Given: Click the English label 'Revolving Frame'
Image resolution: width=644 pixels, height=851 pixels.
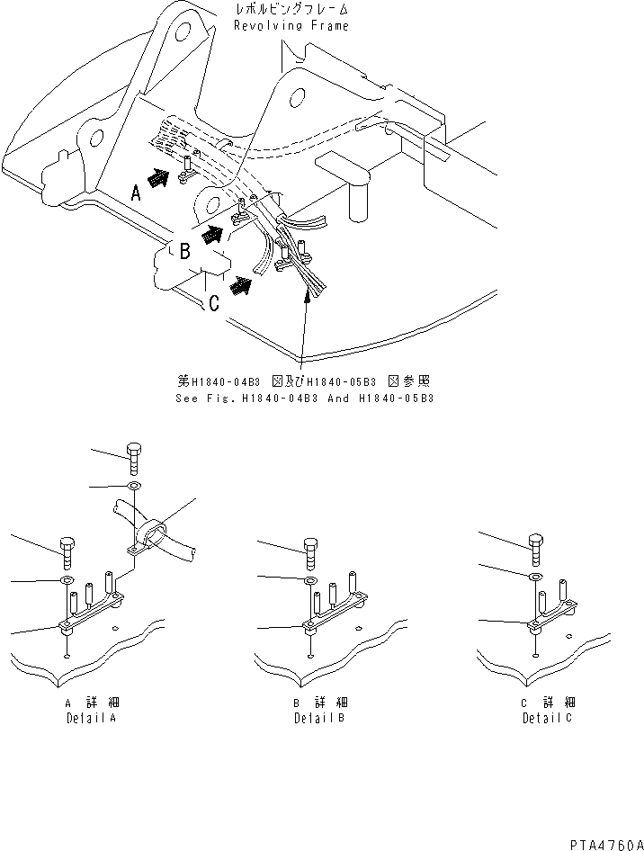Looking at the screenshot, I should click(291, 26).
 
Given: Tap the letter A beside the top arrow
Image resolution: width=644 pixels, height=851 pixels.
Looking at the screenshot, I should click(136, 192).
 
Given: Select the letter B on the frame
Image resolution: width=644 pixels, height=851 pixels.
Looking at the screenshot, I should click(183, 253).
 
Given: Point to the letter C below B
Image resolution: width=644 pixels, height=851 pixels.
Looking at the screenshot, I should click(214, 303).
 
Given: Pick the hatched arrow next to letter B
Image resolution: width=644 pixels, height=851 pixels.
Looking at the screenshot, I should click(213, 236).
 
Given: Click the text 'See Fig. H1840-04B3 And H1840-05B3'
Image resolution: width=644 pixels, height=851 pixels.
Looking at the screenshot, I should click(304, 397).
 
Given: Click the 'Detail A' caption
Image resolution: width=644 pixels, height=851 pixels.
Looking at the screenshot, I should click(92, 718).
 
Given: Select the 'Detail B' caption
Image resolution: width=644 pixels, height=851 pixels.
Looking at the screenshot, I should click(318, 718).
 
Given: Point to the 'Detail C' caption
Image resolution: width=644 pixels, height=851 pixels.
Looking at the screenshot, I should click(547, 718).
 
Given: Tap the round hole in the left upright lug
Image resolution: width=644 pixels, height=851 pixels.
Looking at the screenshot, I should click(185, 33).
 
